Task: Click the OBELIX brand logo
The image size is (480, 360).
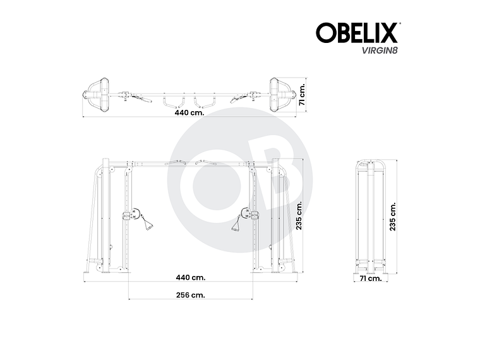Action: point(357,32)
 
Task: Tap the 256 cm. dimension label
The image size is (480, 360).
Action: point(190,294)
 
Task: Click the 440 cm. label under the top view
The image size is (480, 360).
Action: point(190,113)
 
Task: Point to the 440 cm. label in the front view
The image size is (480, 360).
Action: point(190,277)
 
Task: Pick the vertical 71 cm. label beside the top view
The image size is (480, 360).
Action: point(303,93)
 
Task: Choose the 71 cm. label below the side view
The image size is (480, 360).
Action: point(370,277)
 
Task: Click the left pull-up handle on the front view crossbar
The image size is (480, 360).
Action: point(174,162)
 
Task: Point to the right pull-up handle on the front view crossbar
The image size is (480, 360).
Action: point(205,162)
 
